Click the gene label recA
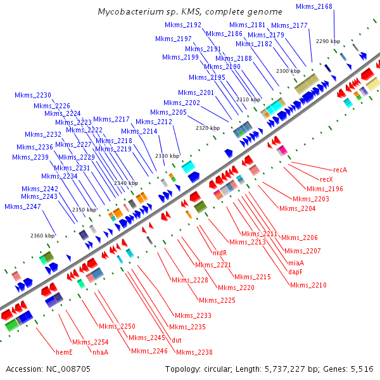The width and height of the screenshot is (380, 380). coord(341,170)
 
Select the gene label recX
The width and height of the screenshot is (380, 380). coord(326,179)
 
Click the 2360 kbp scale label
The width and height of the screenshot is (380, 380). coord(42,236)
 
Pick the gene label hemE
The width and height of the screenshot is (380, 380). coord(64,352)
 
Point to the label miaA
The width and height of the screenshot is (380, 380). coord(296,263)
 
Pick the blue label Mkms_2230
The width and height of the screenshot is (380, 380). coord(33,96)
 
